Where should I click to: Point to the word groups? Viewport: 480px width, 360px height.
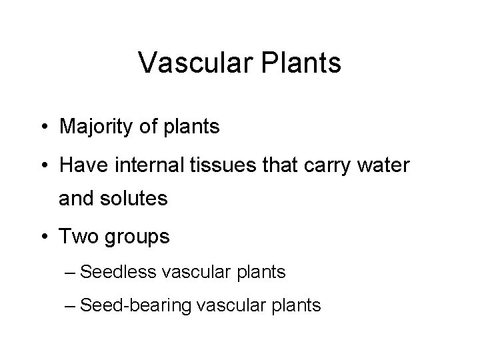click(139, 237)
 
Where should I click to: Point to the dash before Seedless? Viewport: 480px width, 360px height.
click(83, 272)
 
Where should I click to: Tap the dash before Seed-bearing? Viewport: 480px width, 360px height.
click(83, 306)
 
